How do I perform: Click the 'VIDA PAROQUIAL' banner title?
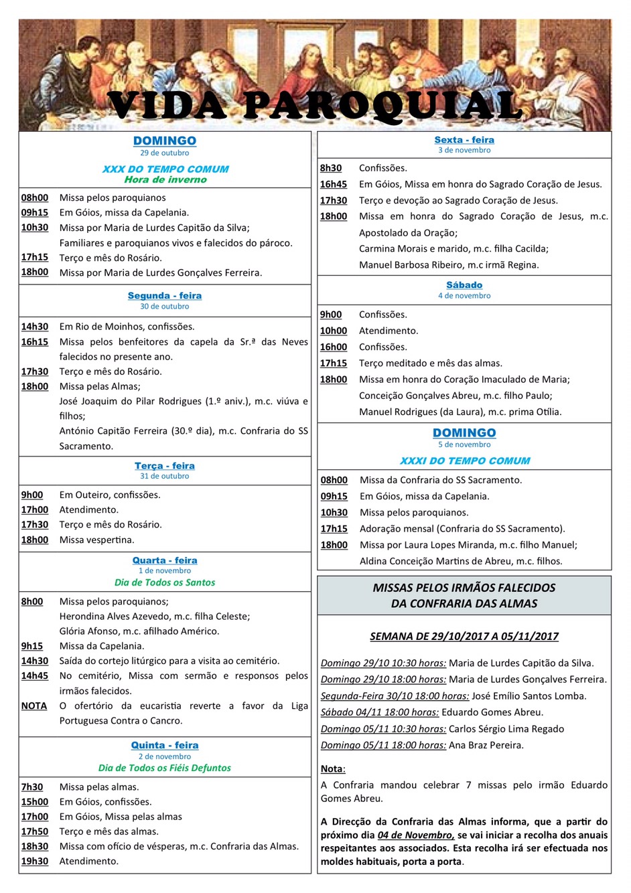pos(315,106)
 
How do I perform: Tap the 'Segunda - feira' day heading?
pos(165,296)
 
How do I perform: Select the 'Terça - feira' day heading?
pos(165,466)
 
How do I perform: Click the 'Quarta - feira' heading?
pos(165,560)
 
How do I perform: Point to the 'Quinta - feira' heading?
pos(165,745)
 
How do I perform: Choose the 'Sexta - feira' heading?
pos(464,140)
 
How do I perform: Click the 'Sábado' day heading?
pos(464,285)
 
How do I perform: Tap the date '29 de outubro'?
pos(165,153)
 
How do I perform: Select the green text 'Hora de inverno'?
pos(165,179)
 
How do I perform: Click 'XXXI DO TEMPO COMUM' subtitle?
pos(465,461)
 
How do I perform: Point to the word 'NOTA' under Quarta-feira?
pos(34,706)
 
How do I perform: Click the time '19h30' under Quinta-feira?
pos(35,861)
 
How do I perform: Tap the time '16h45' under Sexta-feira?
pos(334,184)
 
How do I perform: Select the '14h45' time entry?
pos(35,675)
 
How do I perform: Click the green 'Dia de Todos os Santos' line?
pos(165,582)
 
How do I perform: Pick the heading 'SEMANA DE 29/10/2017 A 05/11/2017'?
pos(464,637)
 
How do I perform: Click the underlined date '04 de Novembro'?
pos(415,835)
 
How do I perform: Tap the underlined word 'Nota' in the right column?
pos(332,769)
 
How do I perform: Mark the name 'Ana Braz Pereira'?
pos(486,745)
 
